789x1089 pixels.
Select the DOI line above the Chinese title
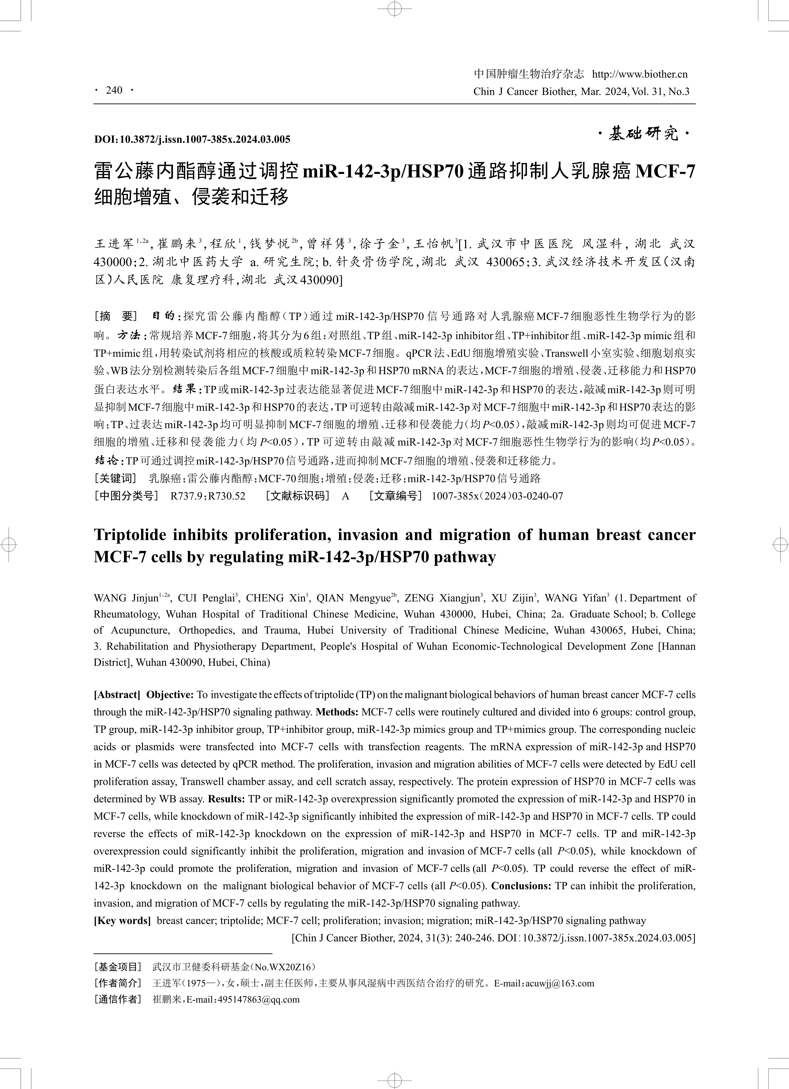pyautogui.click(x=192, y=140)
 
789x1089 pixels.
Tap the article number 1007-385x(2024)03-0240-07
pyautogui.click(x=497, y=496)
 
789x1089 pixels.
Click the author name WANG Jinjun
pyautogui.click(x=126, y=598)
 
